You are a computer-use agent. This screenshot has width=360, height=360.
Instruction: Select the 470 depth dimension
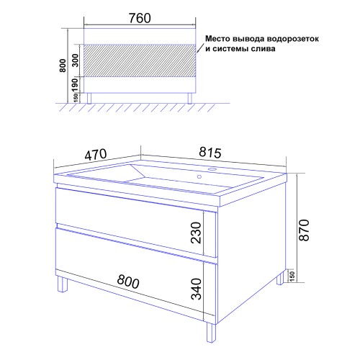pos(95,153)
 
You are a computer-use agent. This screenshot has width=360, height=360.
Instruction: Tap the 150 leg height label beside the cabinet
pos(291,276)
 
